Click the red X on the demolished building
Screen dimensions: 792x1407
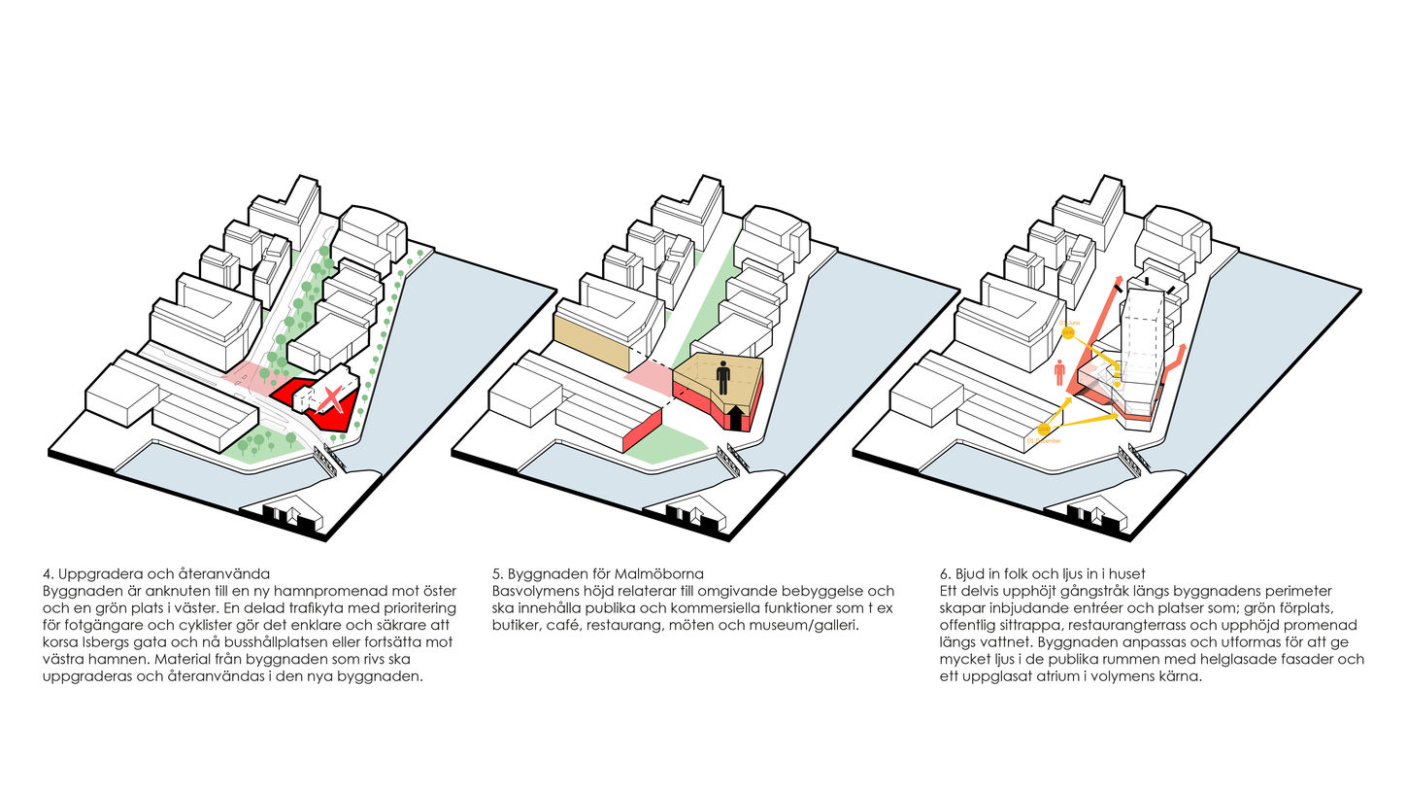tap(333, 399)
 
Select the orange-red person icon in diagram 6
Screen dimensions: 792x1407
tap(1059, 371)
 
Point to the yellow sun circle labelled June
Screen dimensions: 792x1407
tap(1069, 332)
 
